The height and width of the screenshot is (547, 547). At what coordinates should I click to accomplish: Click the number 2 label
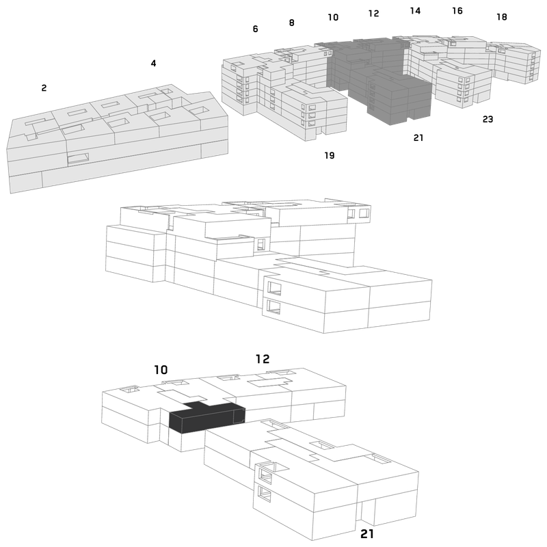(x=44, y=88)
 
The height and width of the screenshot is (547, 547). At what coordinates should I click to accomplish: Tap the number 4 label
(x=153, y=63)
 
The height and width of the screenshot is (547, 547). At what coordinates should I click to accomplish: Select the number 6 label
(x=255, y=29)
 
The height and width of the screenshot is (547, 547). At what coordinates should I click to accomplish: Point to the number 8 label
(x=292, y=23)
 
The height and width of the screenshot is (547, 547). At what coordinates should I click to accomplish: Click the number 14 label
(x=415, y=11)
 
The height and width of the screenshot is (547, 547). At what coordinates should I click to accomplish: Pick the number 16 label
(x=457, y=11)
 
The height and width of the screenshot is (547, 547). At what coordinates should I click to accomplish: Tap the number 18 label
(x=502, y=16)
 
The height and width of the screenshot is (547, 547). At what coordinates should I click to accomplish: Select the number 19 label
(x=330, y=155)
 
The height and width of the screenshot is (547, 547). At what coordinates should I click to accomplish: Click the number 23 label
(x=488, y=119)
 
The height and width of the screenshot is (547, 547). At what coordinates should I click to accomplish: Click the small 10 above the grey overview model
(x=333, y=18)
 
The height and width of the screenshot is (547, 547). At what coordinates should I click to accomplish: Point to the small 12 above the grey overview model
(x=373, y=13)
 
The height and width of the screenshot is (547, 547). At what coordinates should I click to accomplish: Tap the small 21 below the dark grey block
(x=418, y=138)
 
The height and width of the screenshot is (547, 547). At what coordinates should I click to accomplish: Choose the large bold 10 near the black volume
(x=161, y=370)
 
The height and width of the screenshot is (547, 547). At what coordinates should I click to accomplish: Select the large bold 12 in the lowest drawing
(x=263, y=359)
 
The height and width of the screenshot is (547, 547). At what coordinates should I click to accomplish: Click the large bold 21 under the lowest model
(x=366, y=534)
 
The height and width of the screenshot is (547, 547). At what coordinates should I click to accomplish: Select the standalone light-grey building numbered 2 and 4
(x=118, y=139)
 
